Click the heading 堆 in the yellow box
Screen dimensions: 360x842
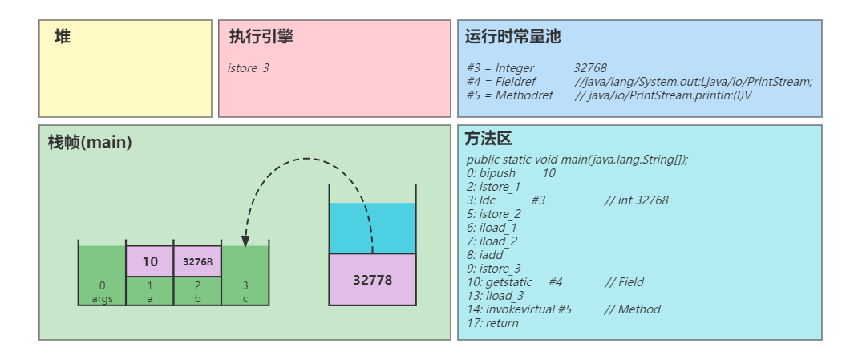[x=63, y=37]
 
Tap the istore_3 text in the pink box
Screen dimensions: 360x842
[x=249, y=68]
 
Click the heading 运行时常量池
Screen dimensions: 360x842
[x=512, y=37]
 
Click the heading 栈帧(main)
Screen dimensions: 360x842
[x=90, y=142]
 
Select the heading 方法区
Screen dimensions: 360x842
[x=488, y=139]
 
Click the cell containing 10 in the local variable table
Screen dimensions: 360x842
[x=150, y=261]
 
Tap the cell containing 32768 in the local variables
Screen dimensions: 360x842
[x=197, y=261]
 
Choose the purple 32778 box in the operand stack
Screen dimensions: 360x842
[x=372, y=280]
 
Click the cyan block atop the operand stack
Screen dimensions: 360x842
[x=372, y=229]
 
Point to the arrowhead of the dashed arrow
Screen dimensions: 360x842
[x=245, y=241]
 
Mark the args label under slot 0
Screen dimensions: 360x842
[x=102, y=299]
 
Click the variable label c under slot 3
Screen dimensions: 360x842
[x=245, y=299]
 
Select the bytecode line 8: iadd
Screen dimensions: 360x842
[x=484, y=255]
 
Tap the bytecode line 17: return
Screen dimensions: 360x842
[x=492, y=323]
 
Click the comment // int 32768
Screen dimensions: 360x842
[x=636, y=200]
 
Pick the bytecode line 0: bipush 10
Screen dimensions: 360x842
[x=511, y=173]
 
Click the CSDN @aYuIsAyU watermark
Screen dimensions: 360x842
[x=786, y=346]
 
